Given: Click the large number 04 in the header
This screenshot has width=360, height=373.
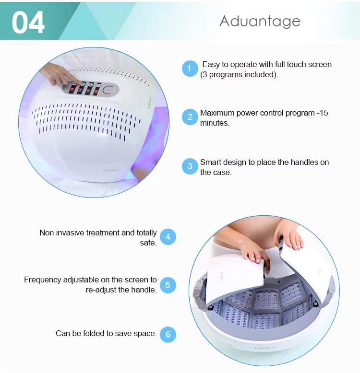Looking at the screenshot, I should point(28,22).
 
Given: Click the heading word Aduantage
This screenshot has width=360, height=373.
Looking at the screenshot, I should point(260,21).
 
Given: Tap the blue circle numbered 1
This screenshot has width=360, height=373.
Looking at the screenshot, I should point(190,69).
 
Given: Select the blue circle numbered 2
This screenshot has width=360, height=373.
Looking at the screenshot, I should point(190,117).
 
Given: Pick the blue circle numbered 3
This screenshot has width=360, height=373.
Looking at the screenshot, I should point(190,166).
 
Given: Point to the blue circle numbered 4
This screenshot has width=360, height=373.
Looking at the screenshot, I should point(168,237).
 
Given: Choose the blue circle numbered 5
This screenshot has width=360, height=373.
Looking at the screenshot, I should point(168,285).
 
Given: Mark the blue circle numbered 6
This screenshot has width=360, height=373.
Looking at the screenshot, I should point(168,334).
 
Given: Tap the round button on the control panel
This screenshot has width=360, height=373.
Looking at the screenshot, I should point(109,89).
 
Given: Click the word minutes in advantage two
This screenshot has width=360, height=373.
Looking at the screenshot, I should point(215,123).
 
